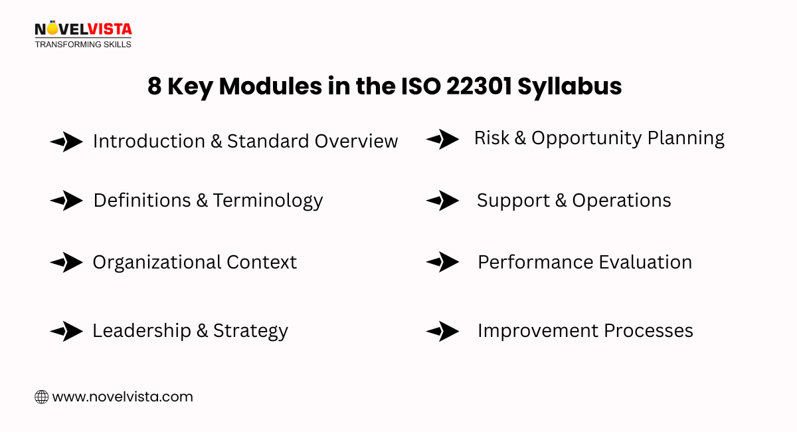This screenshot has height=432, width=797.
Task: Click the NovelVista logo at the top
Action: [x=83, y=30]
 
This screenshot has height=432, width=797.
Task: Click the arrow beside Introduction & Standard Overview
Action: [x=66, y=141]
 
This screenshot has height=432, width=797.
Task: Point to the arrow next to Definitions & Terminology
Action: [x=66, y=200]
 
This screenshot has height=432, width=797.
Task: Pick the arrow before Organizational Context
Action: [x=66, y=262]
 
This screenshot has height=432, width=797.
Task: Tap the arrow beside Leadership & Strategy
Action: [x=66, y=330]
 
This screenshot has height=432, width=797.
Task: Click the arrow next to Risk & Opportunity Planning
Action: [x=442, y=139]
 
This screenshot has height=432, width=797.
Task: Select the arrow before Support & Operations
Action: [x=442, y=200]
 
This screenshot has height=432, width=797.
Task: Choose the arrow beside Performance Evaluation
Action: [x=442, y=262]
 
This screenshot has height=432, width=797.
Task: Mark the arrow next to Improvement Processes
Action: [x=442, y=330]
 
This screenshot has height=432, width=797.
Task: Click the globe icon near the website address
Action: [x=41, y=397]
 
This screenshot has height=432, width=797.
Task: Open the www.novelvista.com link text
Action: [x=122, y=397]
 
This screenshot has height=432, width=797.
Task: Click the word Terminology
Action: [x=268, y=201]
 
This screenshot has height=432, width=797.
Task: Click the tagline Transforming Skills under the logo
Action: [x=83, y=44]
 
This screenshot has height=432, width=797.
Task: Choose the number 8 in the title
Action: [x=154, y=87]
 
